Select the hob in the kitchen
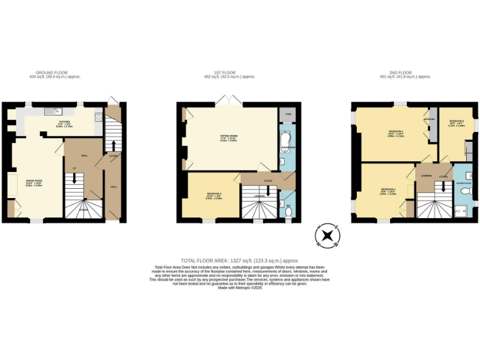(98, 116)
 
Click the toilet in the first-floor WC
(287, 211)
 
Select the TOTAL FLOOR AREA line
(240, 260)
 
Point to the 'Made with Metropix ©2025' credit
(240, 287)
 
